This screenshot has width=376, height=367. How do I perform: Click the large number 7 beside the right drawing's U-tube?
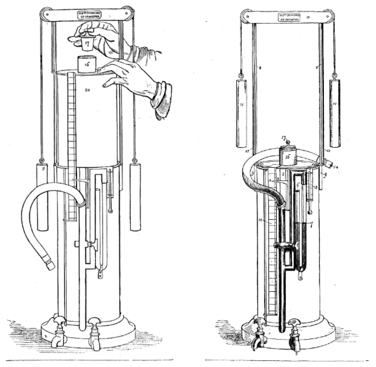(x=310, y=224)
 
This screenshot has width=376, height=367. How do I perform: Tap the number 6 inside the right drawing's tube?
(x=299, y=185)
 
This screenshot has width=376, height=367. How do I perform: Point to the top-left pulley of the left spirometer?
(x=45, y=13)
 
